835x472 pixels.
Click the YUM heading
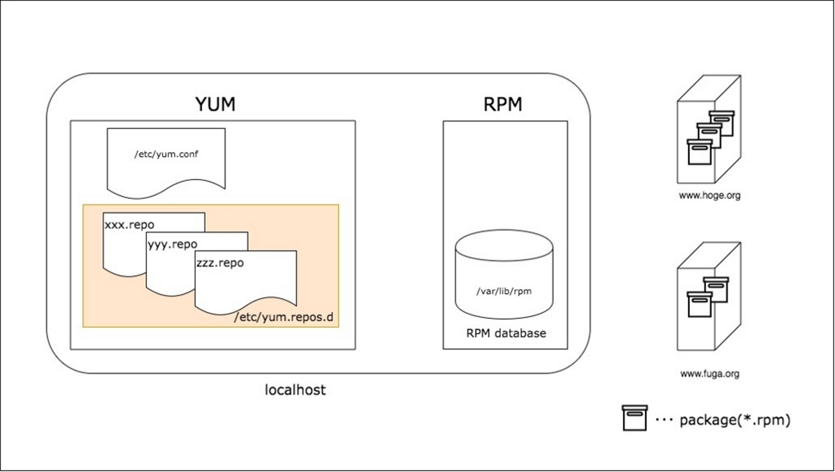coord(215,104)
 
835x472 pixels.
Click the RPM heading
coord(503,104)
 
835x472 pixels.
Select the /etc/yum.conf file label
coord(166,154)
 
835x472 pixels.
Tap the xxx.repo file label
coord(129,224)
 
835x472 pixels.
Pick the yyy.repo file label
coord(172,244)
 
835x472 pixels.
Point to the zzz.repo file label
coord(220,262)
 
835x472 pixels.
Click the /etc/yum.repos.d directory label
coord(286,318)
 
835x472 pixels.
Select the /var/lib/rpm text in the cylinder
coord(503,292)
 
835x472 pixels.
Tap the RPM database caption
coord(506,333)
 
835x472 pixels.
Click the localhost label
coord(295,390)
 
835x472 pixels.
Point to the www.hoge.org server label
coord(709,195)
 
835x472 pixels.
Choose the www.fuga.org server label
coord(709,374)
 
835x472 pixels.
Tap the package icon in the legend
coord(634,418)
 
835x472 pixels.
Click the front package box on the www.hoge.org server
coord(699,154)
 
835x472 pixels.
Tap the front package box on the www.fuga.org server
coord(699,304)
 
